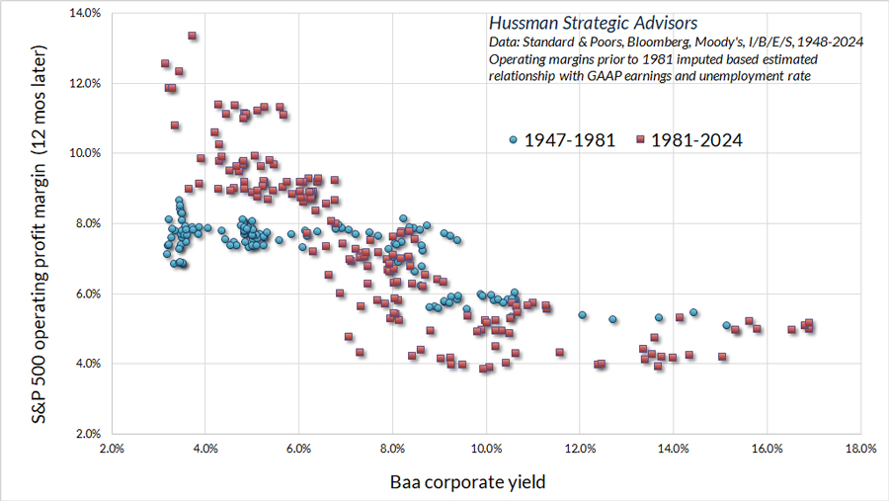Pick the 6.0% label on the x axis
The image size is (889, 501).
(299, 448)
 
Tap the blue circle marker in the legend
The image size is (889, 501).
(514, 140)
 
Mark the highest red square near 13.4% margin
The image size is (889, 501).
(192, 37)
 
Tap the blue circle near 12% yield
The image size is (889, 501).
(582, 315)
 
